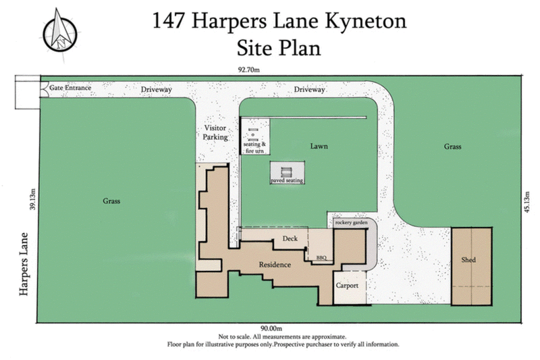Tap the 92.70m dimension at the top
[249, 68]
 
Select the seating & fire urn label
[255, 147]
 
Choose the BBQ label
[321, 257]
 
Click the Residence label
[275, 265]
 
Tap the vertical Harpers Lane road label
[24, 265]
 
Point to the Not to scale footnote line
[283, 336]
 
